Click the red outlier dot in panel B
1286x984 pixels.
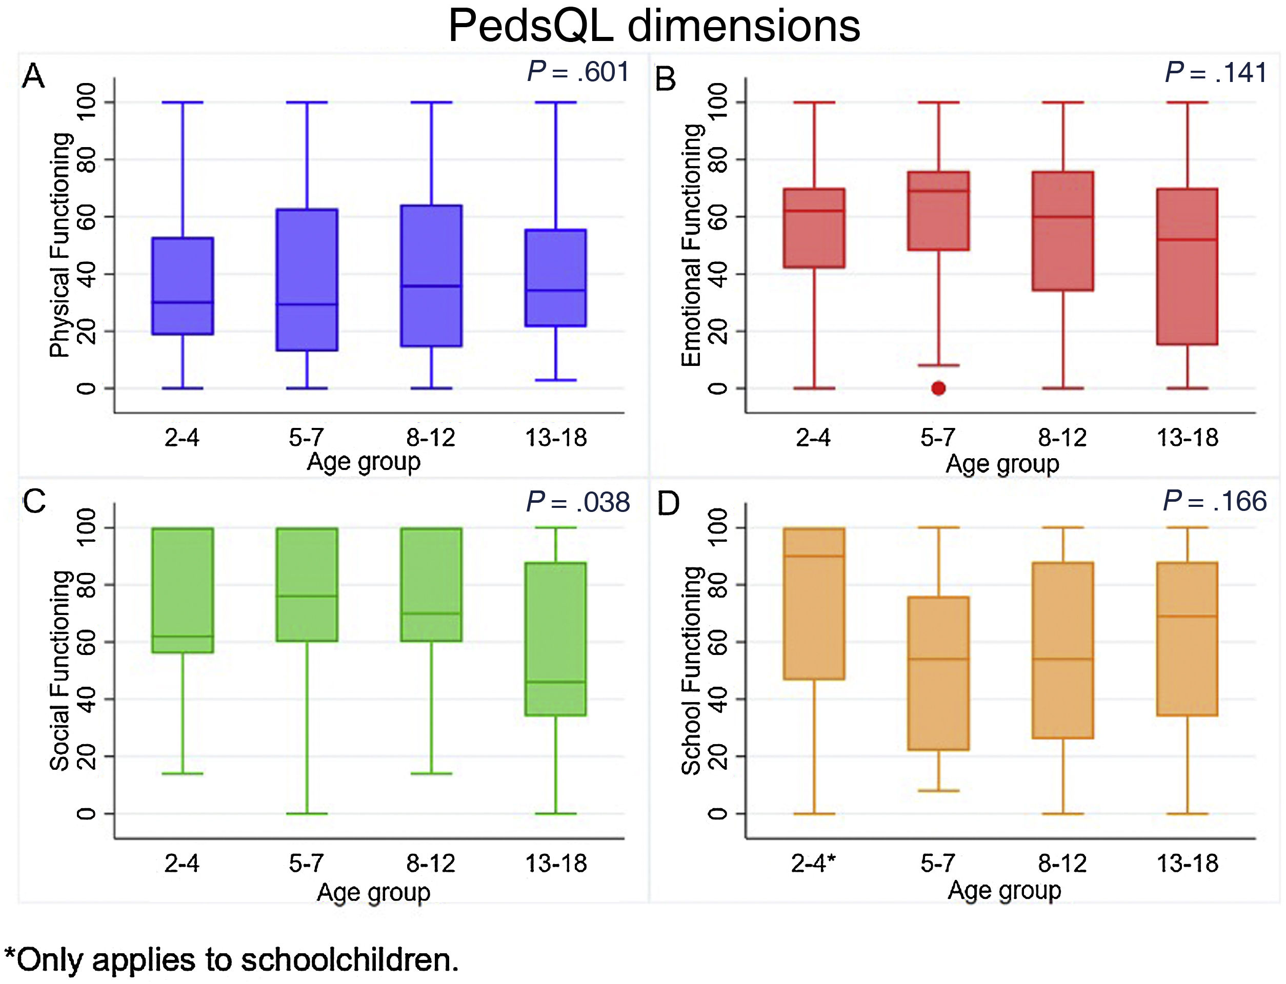click(938, 388)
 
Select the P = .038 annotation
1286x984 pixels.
click(578, 502)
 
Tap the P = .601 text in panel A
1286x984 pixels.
click(578, 72)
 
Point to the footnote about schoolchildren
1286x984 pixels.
click(231, 959)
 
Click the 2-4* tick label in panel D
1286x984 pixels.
click(813, 863)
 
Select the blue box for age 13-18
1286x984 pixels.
click(555, 278)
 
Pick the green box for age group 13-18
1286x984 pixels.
click(555, 639)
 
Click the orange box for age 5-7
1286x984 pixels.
click(938, 673)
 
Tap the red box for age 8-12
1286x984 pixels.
click(1063, 231)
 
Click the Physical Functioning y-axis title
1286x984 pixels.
click(61, 245)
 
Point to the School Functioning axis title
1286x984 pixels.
click(691, 671)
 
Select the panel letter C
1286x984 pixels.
click(34, 502)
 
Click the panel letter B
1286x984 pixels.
click(666, 78)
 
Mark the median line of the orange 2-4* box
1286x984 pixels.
click(814, 556)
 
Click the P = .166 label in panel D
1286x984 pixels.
click(1215, 501)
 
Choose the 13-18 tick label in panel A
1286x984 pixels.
click(555, 438)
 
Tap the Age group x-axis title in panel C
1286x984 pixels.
click(373, 893)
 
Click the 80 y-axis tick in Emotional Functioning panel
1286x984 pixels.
click(718, 159)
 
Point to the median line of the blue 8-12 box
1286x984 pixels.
click(431, 286)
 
